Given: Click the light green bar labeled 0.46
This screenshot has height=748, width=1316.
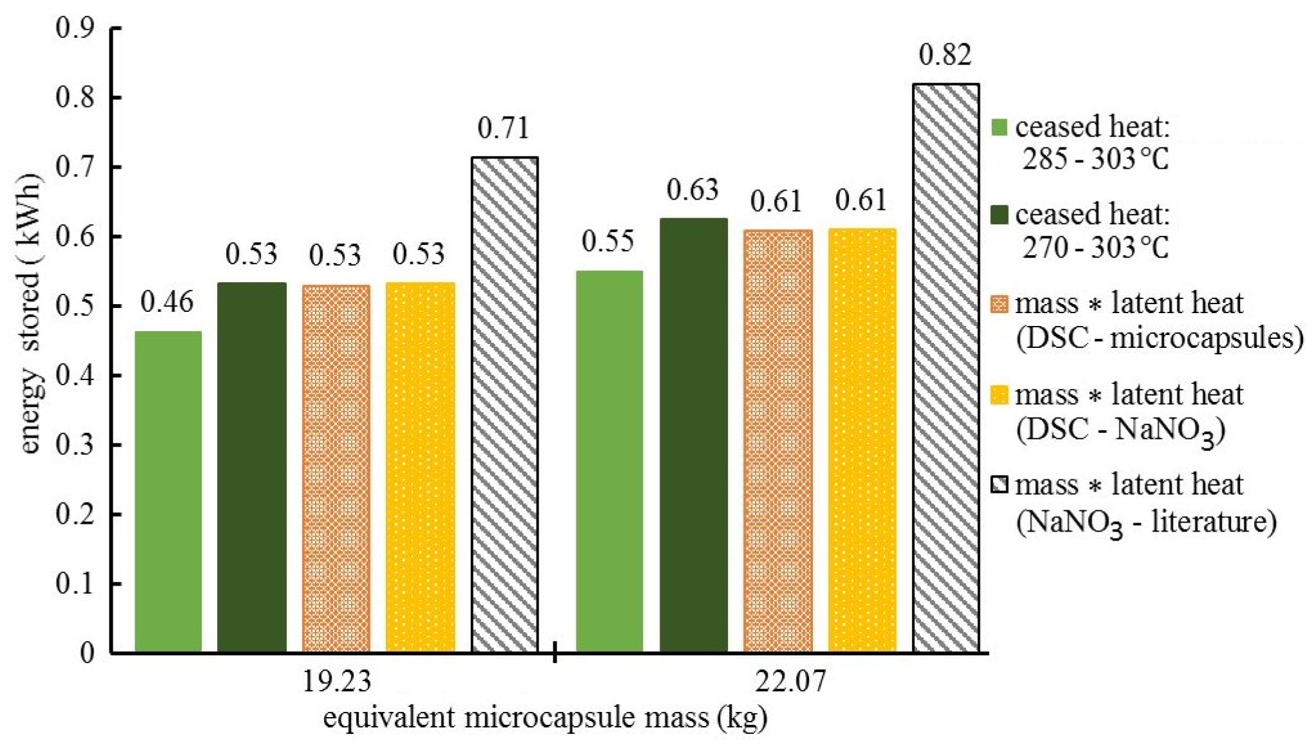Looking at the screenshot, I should [x=168, y=491].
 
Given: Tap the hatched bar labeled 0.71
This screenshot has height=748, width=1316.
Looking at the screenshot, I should [x=504, y=404].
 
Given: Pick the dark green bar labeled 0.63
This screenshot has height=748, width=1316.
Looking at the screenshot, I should [x=693, y=435].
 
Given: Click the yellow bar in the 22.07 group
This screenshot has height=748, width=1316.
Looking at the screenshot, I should [x=861, y=440].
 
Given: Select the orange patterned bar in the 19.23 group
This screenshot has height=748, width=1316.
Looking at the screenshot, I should [x=336, y=468].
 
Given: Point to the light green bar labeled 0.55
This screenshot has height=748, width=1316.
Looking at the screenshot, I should [x=609, y=461].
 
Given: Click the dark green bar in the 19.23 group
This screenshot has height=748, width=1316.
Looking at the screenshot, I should [x=251, y=467].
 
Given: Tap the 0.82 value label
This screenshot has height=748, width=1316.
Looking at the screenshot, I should [x=945, y=55].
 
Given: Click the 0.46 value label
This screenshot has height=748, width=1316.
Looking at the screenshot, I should [x=167, y=302].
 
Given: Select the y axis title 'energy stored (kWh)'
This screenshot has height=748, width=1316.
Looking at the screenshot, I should [x=30, y=314].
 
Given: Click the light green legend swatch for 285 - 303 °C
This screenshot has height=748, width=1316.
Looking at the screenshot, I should [x=998, y=128].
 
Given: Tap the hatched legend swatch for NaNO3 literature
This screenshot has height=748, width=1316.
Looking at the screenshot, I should [x=998, y=485].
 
